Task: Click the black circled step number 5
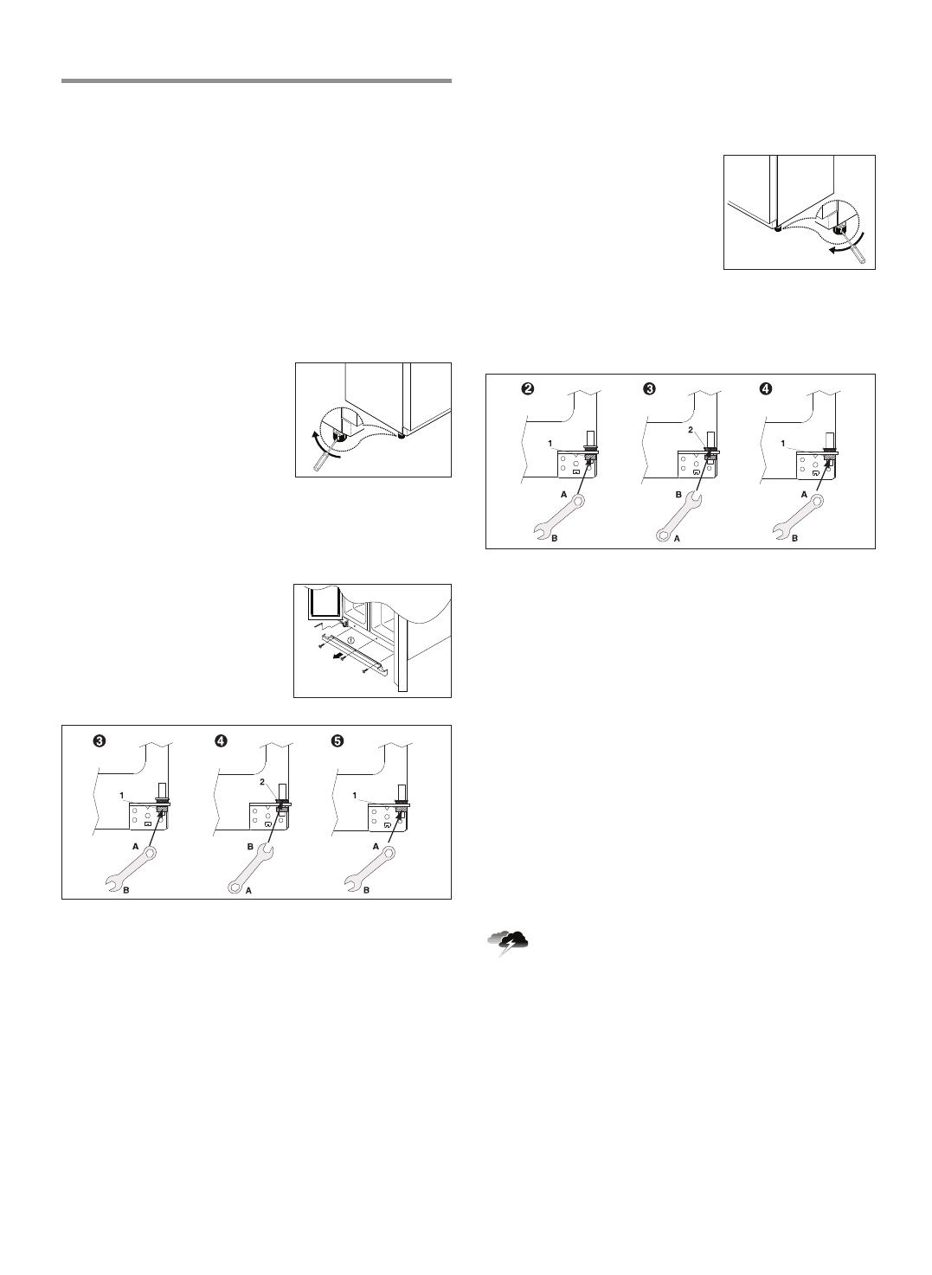coord(337,740)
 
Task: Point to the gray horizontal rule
coord(256,81)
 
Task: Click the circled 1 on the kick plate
coord(350,640)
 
